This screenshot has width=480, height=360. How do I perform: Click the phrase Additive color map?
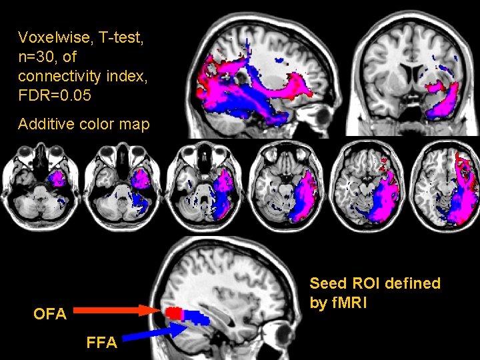pos(83,124)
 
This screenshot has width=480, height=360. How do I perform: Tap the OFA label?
pos(50,313)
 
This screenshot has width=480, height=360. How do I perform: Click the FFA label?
pos(101,343)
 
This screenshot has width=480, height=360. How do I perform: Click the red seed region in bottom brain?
pos(174,312)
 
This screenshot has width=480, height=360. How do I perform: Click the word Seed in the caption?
pos(329,283)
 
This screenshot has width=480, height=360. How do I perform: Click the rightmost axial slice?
pos(447,185)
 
